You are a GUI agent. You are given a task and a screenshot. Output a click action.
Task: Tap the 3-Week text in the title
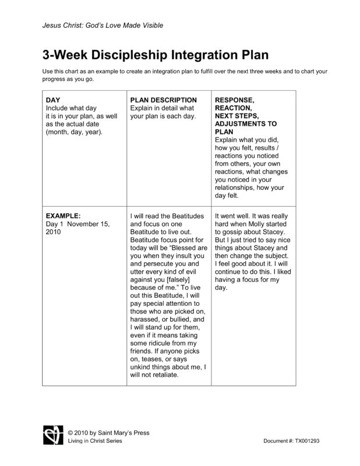pyautogui.click(x=63, y=56)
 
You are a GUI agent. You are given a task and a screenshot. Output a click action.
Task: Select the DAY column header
pyautogui.click(x=53, y=100)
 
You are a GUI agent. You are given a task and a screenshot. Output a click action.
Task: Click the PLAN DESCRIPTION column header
pyautogui.click(x=164, y=100)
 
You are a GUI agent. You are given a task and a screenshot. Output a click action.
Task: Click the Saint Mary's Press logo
pyautogui.click(x=51, y=434)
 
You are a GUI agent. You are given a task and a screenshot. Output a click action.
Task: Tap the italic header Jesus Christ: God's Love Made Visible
pyautogui.click(x=102, y=25)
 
